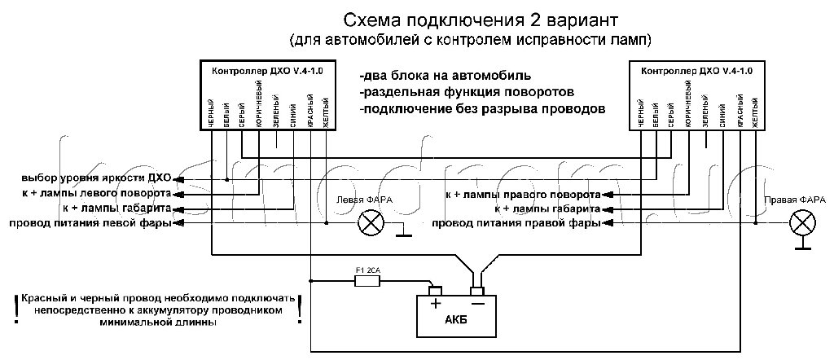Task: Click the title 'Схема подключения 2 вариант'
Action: click(472, 20)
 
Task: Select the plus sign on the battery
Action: click(435, 304)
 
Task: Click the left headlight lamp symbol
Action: click(373, 222)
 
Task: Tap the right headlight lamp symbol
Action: click(803, 222)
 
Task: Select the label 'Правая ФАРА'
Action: click(795, 200)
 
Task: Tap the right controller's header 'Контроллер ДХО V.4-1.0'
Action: click(697, 71)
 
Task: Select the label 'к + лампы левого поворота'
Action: click(96, 194)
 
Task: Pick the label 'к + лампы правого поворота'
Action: click(522, 195)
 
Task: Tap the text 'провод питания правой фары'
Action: click(516, 222)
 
